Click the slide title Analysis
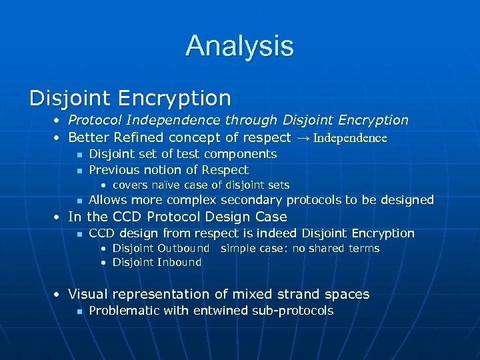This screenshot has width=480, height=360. pos(239,46)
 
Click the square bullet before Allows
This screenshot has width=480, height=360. pos(79,201)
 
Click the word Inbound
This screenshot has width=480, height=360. pos(179,262)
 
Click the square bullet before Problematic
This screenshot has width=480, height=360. pos(79,311)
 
